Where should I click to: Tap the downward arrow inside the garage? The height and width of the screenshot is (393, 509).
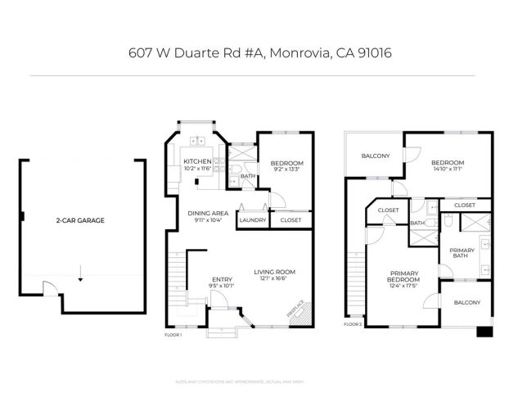[x=80, y=278]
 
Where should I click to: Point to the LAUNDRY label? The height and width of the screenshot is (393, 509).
[x=250, y=219]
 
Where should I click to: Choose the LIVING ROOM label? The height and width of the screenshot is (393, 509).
[x=274, y=272]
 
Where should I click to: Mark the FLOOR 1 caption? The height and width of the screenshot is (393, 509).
[x=173, y=335]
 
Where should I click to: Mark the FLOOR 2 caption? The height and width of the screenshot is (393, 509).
[x=353, y=324]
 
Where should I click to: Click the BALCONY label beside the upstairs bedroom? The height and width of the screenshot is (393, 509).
[x=376, y=156]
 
